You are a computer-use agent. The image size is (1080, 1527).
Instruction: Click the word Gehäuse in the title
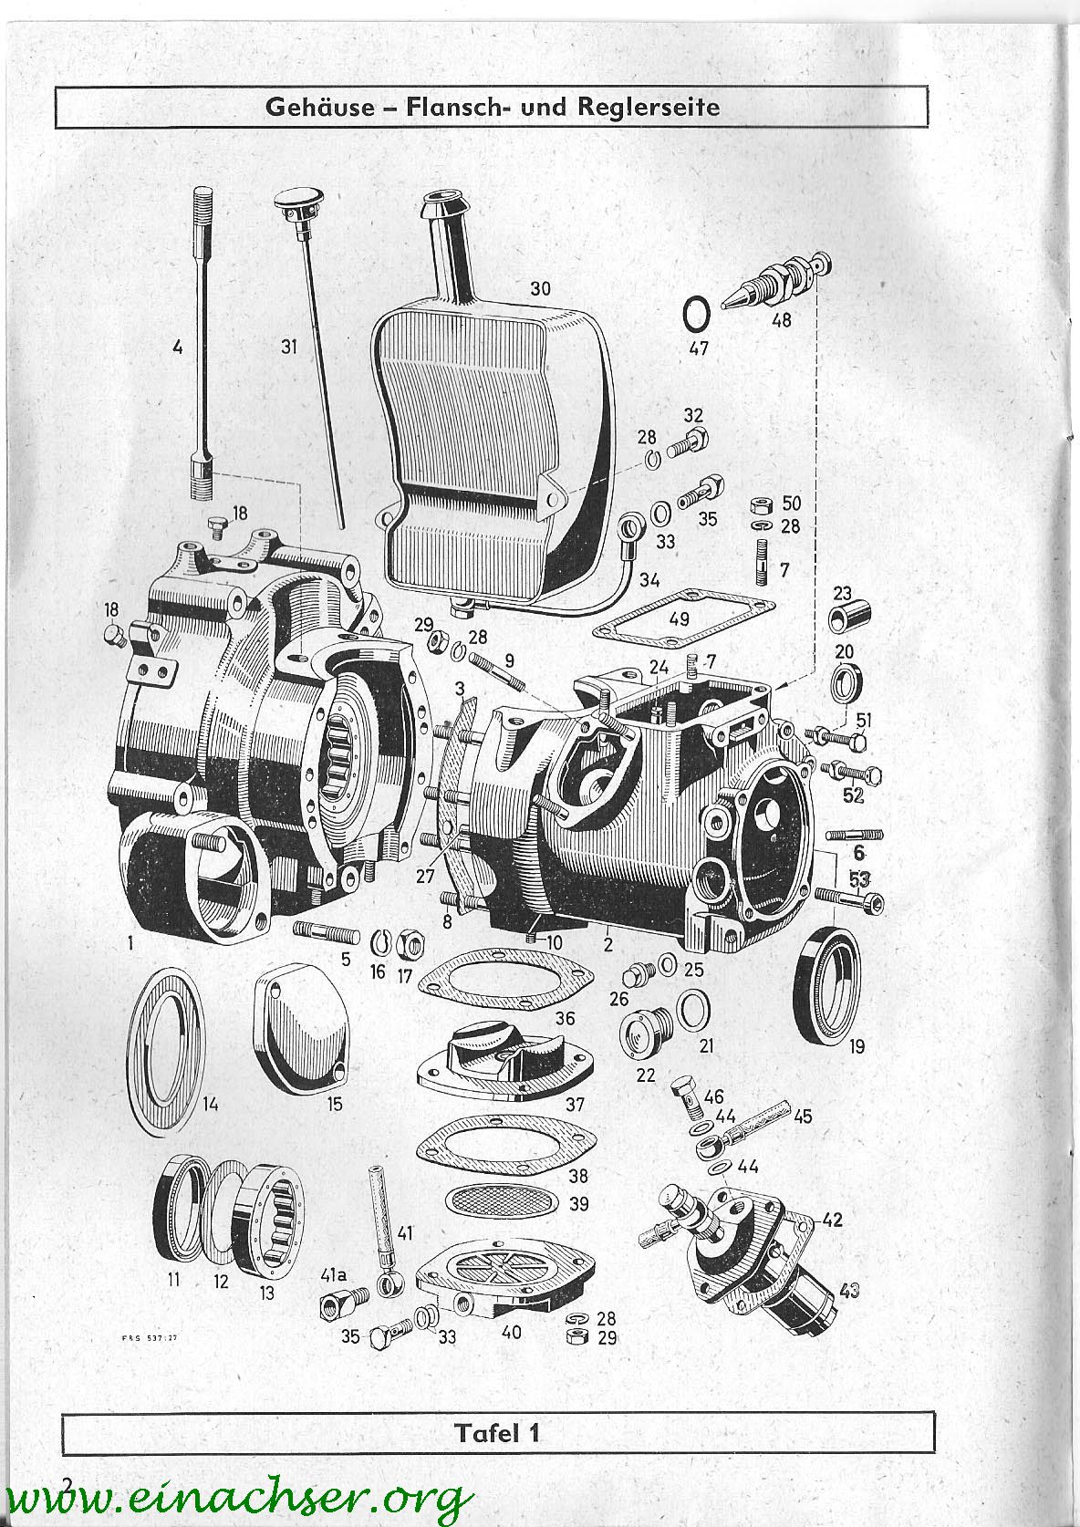(x=320, y=107)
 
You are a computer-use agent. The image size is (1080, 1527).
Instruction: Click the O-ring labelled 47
(x=697, y=315)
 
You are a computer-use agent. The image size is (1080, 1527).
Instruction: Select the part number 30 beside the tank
(x=540, y=288)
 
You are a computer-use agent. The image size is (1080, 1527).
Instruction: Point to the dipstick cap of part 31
(x=296, y=203)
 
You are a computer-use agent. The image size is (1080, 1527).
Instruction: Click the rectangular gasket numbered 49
(x=684, y=619)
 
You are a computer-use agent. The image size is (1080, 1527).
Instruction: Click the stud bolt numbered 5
(x=327, y=931)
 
